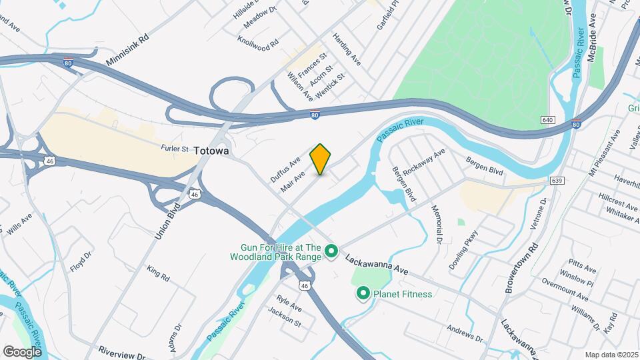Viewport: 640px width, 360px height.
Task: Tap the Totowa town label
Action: (x=212, y=151)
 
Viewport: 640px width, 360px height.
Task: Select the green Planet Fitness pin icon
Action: (x=363, y=293)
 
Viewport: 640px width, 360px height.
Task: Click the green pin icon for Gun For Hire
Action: (x=331, y=252)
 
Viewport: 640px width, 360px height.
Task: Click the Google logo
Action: (x=23, y=351)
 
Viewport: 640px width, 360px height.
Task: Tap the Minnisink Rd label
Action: (x=127, y=51)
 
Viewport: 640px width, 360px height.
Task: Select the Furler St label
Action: (x=175, y=148)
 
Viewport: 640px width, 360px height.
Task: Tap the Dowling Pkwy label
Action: (x=464, y=249)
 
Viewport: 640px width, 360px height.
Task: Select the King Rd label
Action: (x=159, y=273)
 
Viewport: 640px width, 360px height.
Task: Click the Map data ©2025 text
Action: (x=611, y=355)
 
